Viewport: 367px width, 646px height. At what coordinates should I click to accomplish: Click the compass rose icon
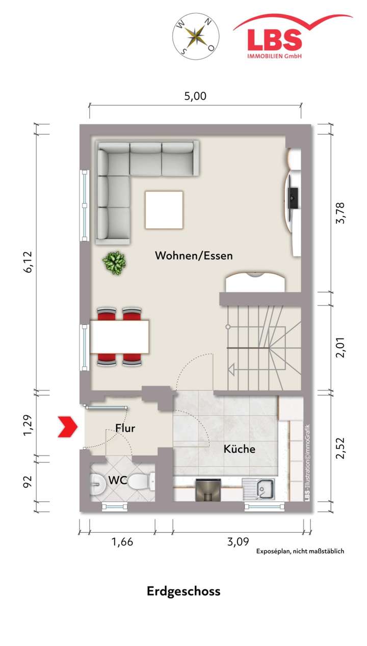click(195, 35)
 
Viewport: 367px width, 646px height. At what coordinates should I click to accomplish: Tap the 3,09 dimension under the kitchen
click(238, 541)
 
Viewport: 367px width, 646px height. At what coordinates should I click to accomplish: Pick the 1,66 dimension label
click(122, 541)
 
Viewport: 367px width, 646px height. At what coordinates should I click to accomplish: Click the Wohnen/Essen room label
click(194, 255)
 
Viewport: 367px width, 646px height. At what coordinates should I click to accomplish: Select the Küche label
click(240, 449)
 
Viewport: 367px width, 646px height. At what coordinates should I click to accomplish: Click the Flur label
click(125, 428)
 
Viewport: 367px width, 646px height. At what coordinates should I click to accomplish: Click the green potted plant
click(115, 262)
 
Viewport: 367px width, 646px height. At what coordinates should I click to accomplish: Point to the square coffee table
click(164, 210)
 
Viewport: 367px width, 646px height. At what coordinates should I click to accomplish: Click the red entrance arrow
click(67, 426)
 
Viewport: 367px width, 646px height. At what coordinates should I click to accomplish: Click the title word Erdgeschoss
click(183, 591)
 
